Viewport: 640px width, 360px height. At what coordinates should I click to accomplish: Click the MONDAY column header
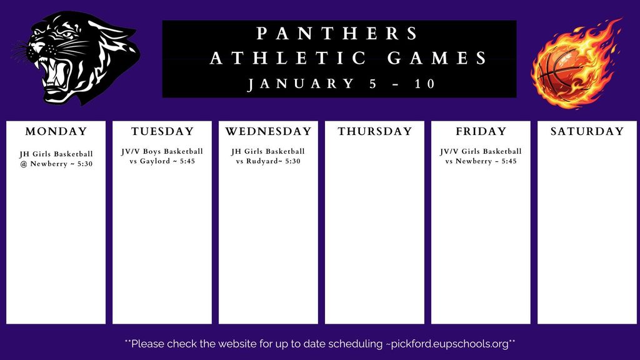tap(56, 131)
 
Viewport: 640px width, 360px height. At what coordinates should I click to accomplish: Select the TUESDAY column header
tap(162, 131)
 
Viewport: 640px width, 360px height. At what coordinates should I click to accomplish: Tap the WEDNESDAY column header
tap(268, 131)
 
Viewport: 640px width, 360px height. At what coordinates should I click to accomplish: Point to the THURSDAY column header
tap(375, 131)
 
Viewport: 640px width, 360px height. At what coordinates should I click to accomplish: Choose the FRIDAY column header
tap(481, 131)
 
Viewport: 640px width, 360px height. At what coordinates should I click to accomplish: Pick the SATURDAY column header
tap(587, 131)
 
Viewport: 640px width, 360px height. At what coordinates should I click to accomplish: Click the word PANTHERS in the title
tap(338, 33)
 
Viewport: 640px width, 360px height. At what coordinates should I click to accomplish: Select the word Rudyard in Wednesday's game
tap(264, 162)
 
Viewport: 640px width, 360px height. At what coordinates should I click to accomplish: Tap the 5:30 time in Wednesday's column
tap(292, 162)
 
